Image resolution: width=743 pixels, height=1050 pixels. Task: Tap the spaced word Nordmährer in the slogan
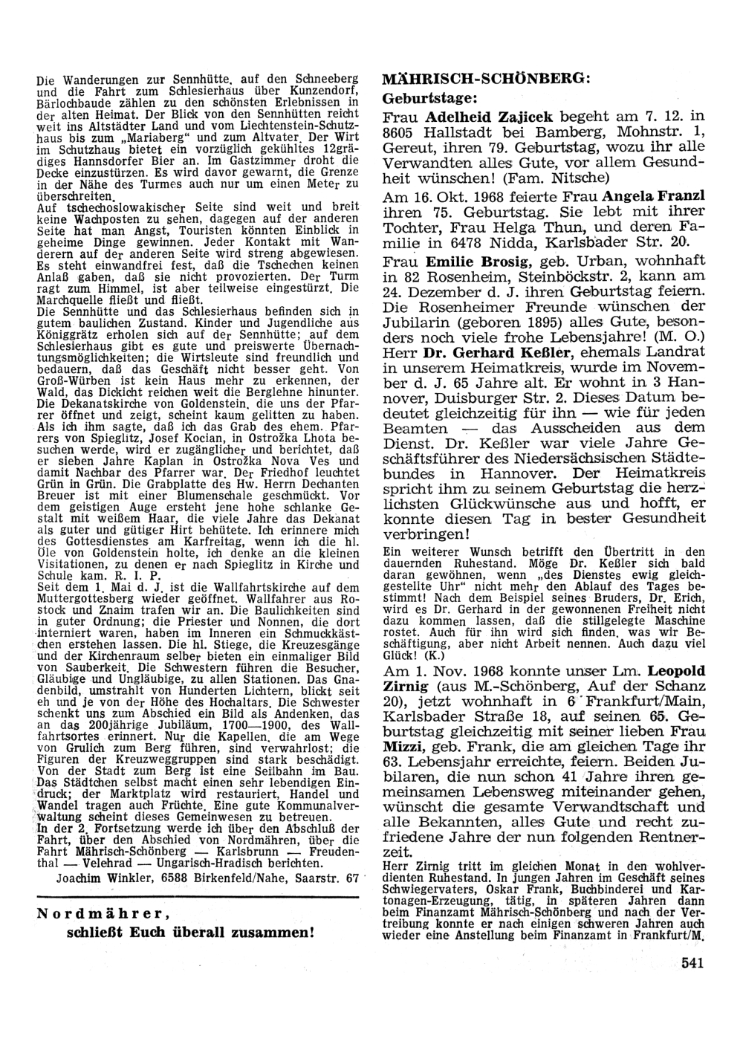click(103, 914)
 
